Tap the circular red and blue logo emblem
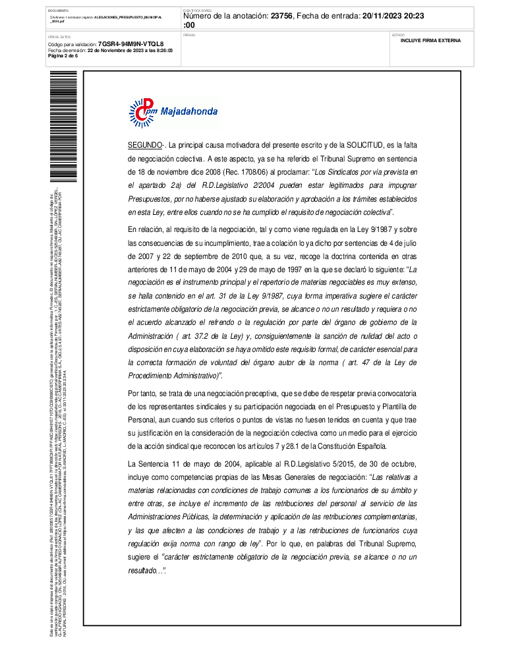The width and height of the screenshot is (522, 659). (142, 112)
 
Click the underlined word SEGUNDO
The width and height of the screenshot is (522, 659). (144, 144)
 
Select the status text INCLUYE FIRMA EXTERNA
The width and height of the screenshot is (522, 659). (430, 40)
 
